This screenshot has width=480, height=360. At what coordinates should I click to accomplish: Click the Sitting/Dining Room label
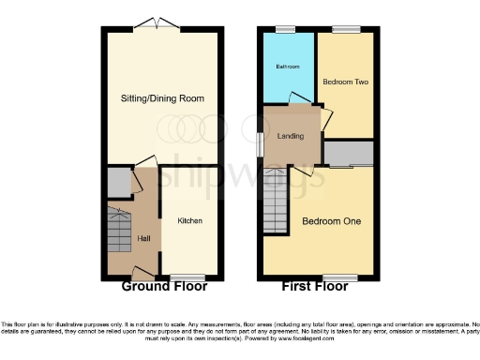tap(162, 98)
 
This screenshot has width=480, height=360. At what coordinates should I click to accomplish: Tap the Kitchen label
tap(190, 221)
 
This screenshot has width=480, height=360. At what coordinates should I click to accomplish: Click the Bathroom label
tap(286, 67)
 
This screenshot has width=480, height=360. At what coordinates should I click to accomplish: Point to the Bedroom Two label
tap(346, 82)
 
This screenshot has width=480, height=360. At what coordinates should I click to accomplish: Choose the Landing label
tap(292, 135)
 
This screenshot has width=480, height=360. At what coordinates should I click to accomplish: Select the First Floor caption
tap(318, 288)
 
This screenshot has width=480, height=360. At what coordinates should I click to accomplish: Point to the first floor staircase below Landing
tap(276, 202)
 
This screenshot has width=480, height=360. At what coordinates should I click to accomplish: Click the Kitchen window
tap(188, 277)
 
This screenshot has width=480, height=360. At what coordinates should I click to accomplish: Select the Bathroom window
tap(286, 29)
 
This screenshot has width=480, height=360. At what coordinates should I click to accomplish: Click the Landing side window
tap(262, 140)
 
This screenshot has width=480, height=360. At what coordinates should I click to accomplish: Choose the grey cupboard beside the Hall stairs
tap(118, 182)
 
